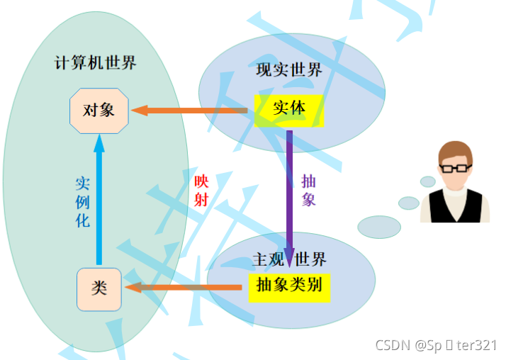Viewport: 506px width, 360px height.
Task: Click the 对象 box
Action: [x=99, y=111]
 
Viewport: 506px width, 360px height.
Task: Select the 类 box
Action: [x=99, y=288]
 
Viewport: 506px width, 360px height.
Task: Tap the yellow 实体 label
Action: [x=289, y=110]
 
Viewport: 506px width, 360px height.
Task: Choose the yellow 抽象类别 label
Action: [x=289, y=285]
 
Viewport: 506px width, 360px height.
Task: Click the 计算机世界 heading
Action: [x=96, y=62]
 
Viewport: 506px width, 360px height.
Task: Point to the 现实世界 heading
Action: [x=289, y=70]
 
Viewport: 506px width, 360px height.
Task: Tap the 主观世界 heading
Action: [x=289, y=259]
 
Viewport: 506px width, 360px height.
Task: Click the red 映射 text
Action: [x=201, y=189]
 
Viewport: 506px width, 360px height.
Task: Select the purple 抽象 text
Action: [x=308, y=189]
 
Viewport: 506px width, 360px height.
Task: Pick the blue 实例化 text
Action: [x=83, y=202]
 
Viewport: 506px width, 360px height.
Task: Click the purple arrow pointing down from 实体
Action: [x=289, y=191]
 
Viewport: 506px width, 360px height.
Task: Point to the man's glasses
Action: [x=454, y=169]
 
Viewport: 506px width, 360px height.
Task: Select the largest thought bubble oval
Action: [x=379, y=227]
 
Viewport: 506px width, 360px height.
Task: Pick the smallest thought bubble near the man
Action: [x=428, y=181]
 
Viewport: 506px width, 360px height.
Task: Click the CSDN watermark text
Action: [x=436, y=345]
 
